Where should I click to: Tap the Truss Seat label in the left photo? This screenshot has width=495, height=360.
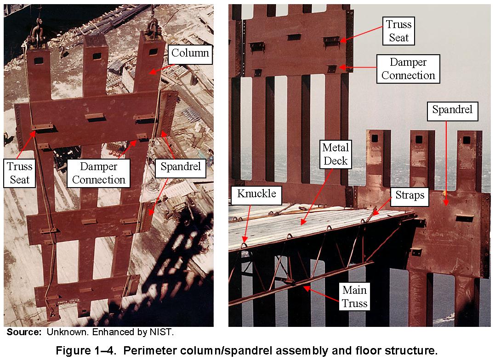pos(20,173)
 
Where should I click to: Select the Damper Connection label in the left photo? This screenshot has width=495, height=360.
pos(98,173)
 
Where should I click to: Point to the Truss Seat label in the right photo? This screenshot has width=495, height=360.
pos(398,31)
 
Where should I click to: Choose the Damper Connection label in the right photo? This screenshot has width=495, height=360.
pos(408,69)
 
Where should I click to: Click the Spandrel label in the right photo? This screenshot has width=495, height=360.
pos(452,111)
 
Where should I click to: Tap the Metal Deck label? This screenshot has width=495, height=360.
pos(336,154)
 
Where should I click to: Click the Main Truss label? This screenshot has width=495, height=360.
pos(354,297)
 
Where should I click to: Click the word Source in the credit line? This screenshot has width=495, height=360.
pos(24,332)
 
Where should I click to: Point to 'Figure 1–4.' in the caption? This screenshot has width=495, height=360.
pos(87,350)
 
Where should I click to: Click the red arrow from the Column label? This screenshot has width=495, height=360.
pos(161,69)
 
